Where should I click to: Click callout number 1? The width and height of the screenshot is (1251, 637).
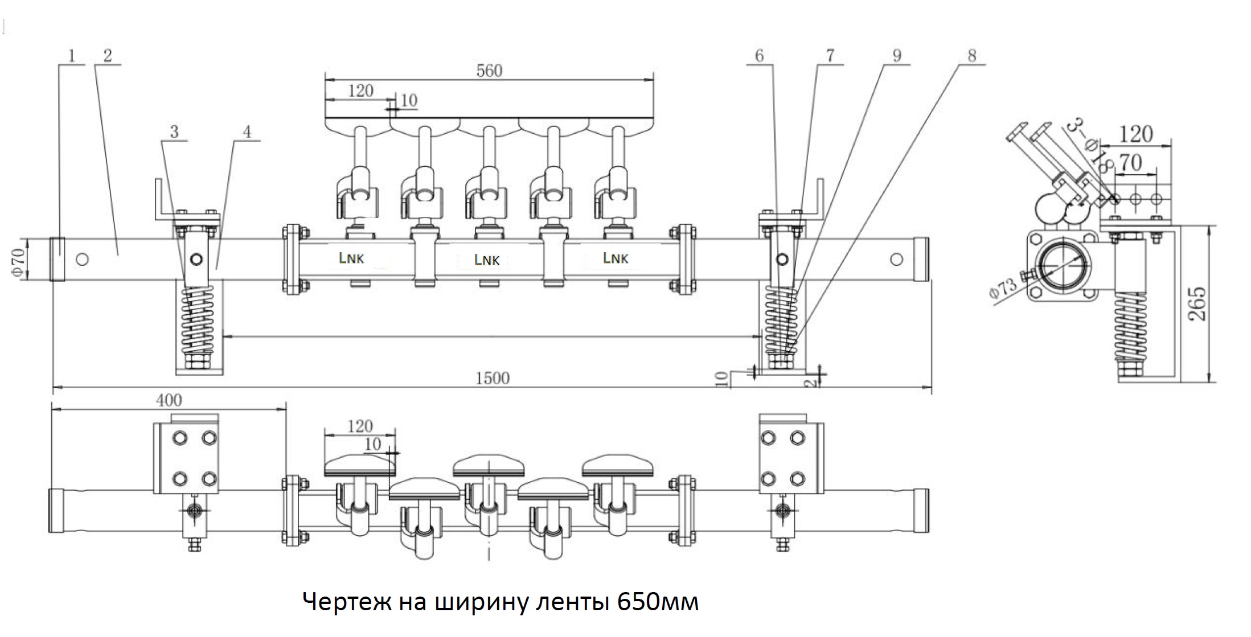point(71,56)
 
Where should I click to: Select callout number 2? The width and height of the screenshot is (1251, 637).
point(108,56)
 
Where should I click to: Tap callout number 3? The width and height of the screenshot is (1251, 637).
point(174,131)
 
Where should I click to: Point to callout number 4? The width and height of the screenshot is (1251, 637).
point(247,131)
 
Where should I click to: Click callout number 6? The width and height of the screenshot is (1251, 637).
point(759,56)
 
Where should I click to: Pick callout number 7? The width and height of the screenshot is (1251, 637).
point(830,56)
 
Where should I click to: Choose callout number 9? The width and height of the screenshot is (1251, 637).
point(897,56)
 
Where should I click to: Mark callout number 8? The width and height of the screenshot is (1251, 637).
point(972,56)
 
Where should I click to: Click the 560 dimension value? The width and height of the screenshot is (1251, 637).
point(489,71)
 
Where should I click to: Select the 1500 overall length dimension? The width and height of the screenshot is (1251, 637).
point(493,379)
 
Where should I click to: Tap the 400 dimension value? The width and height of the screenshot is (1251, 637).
point(169,400)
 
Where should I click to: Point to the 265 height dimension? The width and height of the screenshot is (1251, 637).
point(1197,304)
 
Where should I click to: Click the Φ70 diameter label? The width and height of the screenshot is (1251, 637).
point(18,262)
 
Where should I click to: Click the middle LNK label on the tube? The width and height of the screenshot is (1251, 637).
point(487,260)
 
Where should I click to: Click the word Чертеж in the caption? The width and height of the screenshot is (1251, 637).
point(347,602)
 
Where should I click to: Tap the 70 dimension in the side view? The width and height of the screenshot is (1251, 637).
point(1130,163)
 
